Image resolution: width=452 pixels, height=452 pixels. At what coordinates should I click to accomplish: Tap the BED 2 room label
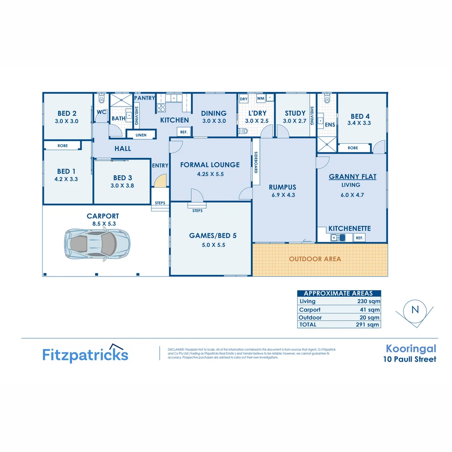coord(67,113)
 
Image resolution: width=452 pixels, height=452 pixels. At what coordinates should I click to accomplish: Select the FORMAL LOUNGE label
coord(210,165)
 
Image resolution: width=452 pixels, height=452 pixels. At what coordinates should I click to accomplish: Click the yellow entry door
coord(161,181)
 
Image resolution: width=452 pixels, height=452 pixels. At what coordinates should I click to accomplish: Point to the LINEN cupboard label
coord(141,135)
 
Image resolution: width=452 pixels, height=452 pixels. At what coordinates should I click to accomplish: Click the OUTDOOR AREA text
coord(315,259)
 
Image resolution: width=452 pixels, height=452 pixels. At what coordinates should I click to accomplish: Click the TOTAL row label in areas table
coord(308,324)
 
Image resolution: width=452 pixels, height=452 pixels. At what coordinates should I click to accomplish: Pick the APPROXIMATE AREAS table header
coord(339,293)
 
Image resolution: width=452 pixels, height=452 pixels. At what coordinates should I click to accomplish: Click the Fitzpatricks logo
coord(85,354)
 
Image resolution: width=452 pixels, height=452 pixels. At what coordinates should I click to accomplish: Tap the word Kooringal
coord(411,349)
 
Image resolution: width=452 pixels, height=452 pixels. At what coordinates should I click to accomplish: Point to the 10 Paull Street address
coord(410,359)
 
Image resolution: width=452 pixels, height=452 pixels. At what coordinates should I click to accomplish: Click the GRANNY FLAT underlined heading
coord(352,177)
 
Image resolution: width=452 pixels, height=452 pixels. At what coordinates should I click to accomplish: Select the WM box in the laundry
coord(260,99)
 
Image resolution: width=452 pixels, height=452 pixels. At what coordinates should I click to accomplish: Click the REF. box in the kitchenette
coord(359,238)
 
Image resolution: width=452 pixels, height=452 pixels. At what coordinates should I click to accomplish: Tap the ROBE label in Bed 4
coord(353,148)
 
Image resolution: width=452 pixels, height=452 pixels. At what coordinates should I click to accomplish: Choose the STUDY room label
coord(295,113)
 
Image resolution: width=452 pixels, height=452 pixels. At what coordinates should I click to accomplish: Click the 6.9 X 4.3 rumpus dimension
coord(282,194)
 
